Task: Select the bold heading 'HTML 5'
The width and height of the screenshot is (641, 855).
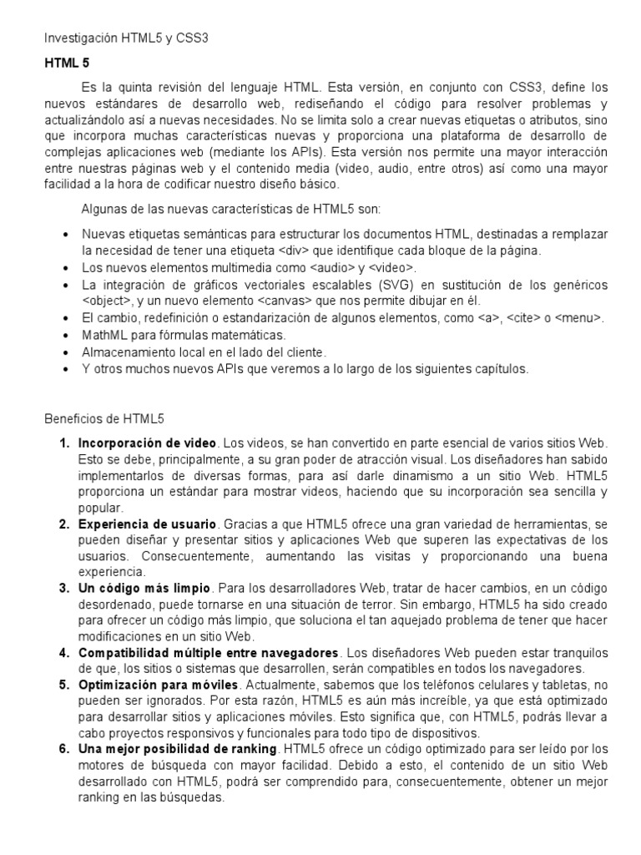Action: click(67, 63)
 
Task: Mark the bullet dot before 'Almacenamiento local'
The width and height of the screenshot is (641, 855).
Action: click(65, 352)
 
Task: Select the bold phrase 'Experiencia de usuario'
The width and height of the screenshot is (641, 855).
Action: click(147, 524)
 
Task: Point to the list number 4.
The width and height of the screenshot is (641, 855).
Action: click(63, 652)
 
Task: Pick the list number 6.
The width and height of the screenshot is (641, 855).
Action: click(63, 749)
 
